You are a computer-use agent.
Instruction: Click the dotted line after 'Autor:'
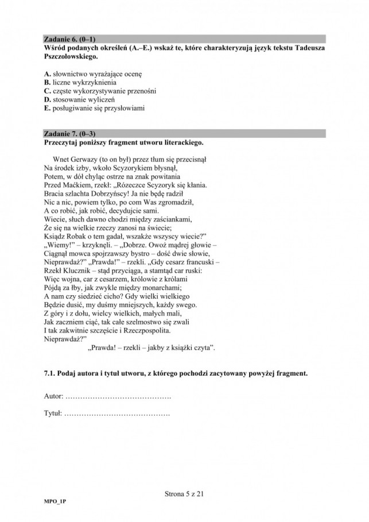[x=118, y=397]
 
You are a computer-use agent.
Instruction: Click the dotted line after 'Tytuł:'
[x=117, y=413]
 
